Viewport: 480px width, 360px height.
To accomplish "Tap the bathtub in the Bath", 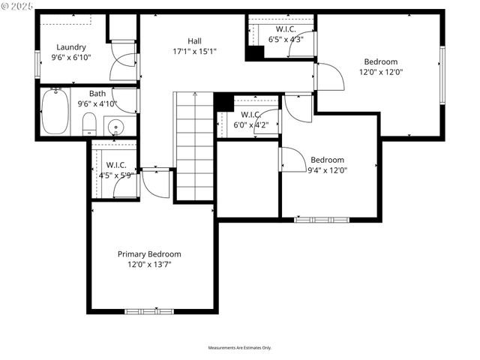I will [x=55, y=111].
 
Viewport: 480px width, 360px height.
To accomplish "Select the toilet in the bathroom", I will [x=88, y=124].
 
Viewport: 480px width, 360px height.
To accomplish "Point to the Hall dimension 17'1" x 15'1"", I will [x=194, y=52].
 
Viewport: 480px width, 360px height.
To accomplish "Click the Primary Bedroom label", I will [x=149, y=254].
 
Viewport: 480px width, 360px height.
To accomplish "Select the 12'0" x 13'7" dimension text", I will [x=149, y=264].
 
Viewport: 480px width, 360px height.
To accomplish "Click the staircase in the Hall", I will [x=194, y=146].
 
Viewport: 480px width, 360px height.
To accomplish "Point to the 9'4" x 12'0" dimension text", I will [x=327, y=170].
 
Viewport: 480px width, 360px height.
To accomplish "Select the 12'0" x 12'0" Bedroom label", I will [x=380, y=61].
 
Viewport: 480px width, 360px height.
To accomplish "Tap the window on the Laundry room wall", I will [x=37, y=62].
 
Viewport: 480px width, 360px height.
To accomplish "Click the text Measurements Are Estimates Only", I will [x=240, y=348].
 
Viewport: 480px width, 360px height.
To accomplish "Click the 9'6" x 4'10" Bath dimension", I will [x=97, y=104].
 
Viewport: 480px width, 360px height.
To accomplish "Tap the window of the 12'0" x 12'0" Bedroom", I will [x=442, y=75].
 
